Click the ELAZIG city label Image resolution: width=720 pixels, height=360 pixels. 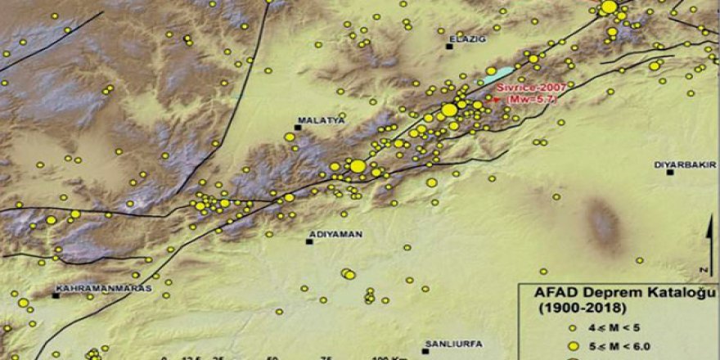tap(466, 38)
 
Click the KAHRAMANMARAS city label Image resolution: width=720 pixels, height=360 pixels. tap(93, 288)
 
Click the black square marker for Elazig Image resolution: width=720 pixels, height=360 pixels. tap(449, 47)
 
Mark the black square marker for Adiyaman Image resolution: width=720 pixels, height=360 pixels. tap(309, 241)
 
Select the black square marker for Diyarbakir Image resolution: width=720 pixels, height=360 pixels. tap(670, 172)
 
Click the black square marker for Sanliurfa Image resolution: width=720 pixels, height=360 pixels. tap(425, 352)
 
